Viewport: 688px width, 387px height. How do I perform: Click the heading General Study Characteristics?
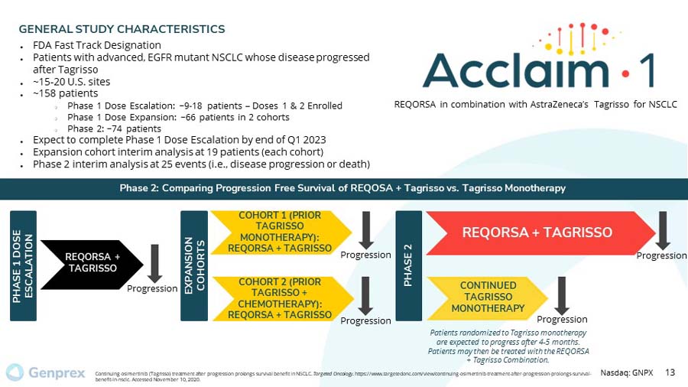pos(122,29)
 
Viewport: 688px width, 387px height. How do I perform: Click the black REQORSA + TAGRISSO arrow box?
pos(91,262)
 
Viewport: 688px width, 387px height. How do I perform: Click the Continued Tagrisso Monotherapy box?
pos(487,297)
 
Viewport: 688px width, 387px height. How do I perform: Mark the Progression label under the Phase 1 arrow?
pos(151,288)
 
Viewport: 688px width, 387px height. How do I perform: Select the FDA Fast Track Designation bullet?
pos(96,45)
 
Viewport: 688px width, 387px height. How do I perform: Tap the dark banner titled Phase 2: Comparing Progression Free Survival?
pos(344,188)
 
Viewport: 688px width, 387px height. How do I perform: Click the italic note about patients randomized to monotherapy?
pos(508,346)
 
